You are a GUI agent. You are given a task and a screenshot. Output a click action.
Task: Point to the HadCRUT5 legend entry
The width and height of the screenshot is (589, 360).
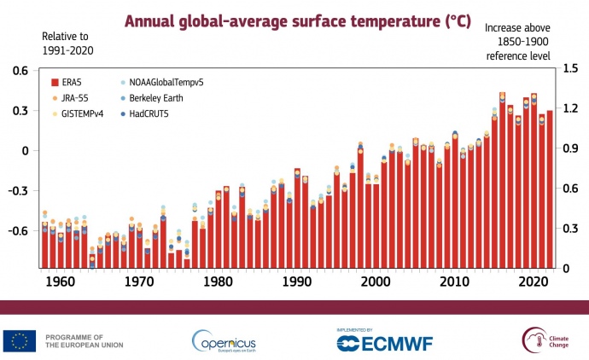(x=150, y=113)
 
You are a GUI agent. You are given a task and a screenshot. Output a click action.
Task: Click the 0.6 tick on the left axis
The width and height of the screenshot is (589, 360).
(x=20, y=71)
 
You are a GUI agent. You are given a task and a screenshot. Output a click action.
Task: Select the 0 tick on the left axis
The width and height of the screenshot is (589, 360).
(x=26, y=150)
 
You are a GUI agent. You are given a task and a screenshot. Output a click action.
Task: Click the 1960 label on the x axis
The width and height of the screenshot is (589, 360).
(x=57, y=282)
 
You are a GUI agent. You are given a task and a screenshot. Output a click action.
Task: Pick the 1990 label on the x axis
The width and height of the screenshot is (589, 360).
(x=297, y=282)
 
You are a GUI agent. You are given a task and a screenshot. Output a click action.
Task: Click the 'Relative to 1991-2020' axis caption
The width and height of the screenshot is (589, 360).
(x=67, y=44)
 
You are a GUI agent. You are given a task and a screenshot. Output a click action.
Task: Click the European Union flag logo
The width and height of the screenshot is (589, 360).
(x=18, y=340)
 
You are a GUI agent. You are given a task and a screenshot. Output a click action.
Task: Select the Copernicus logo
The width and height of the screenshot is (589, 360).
(x=224, y=340)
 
